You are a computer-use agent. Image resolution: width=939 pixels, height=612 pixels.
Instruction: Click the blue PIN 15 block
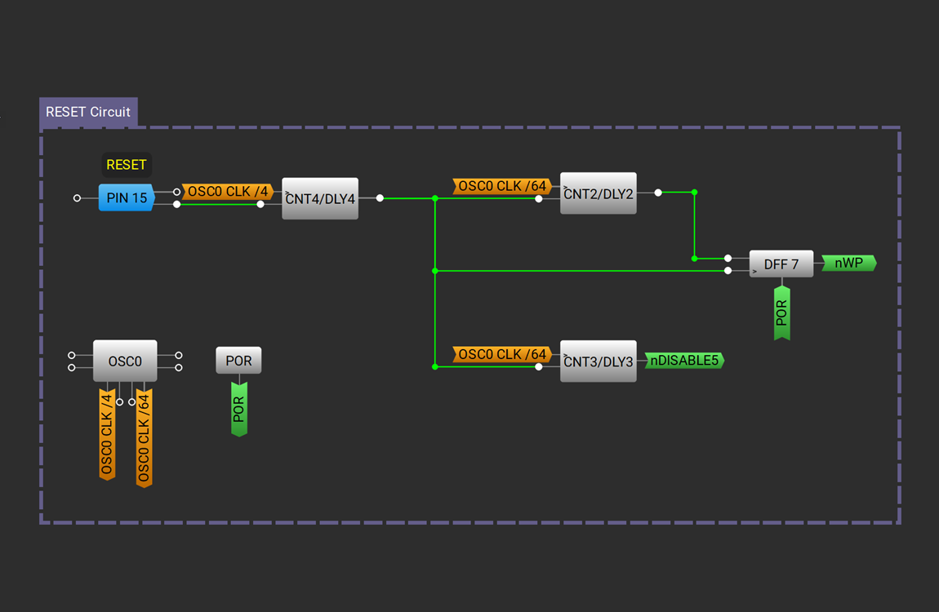click(127, 197)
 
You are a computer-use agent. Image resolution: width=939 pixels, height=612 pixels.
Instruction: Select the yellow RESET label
click(127, 165)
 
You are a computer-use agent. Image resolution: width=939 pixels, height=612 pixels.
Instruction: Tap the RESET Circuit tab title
click(88, 112)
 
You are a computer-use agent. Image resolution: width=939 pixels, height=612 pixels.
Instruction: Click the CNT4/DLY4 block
click(320, 198)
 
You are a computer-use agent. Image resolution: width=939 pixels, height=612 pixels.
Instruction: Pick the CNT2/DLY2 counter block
click(599, 193)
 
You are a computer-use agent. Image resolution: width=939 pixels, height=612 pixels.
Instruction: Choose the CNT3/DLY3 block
click(599, 361)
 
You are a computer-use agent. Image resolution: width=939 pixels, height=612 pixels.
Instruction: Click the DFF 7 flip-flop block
click(781, 264)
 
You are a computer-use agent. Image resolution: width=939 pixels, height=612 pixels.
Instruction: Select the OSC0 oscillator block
click(125, 361)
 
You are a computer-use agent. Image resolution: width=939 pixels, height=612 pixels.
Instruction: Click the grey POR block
click(238, 361)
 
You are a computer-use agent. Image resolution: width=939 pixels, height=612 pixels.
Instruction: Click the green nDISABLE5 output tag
click(684, 360)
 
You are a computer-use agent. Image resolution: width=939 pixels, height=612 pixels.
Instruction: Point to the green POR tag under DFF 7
click(781, 313)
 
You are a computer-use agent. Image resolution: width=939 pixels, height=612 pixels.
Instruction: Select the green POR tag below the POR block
click(238, 409)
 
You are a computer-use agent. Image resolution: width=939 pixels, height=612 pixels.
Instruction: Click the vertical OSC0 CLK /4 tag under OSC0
click(107, 434)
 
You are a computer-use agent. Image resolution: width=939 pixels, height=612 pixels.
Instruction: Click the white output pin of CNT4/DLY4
click(380, 198)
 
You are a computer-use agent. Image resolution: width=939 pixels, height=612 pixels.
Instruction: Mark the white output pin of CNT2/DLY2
click(658, 193)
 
